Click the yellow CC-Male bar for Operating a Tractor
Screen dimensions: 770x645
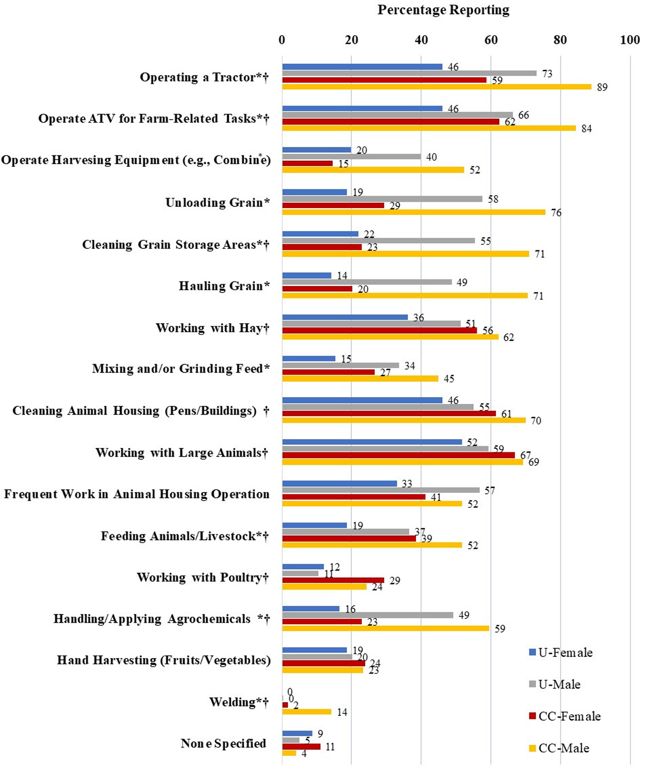coord(436,87)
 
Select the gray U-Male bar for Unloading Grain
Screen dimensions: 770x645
coord(382,199)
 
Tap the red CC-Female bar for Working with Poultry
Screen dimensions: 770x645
coord(333,580)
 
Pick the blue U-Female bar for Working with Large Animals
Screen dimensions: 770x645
coord(372,442)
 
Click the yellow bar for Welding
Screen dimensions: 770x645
coord(306,712)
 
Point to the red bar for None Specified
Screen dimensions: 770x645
coord(301,747)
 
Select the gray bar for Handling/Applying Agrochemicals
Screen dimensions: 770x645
coord(367,615)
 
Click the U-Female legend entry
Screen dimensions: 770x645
coord(561,653)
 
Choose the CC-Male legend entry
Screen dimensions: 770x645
coord(559,748)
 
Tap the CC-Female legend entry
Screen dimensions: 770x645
coord(565,716)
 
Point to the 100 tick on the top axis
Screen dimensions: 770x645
coord(630,40)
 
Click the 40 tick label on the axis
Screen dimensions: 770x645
coord(421,40)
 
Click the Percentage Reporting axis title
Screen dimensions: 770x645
coord(443,10)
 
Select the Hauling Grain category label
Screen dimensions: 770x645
coord(224,286)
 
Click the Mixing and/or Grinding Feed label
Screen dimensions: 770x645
coord(181,369)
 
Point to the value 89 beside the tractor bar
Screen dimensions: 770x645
coord(602,87)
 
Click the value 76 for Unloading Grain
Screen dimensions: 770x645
coord(556,213)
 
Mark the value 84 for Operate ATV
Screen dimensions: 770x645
coord(586,129)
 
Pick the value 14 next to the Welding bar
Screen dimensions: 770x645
coord(342,712)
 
